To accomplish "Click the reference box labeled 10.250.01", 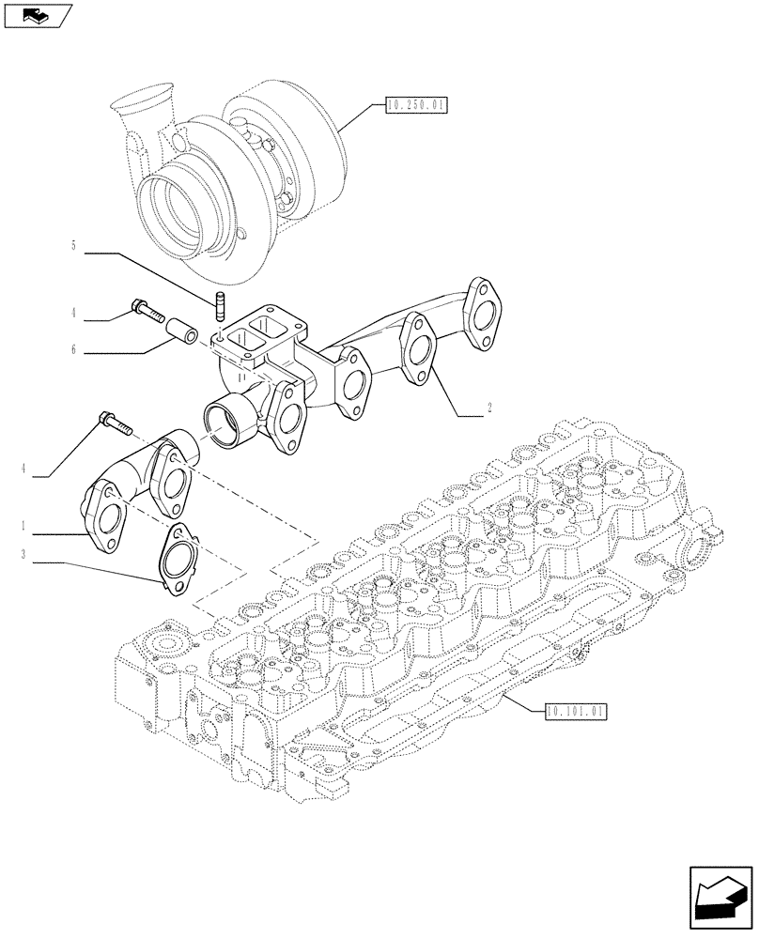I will [x=415, y=106].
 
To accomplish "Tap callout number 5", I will [x=73, y=247].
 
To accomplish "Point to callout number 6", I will [x=73, y=352].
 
